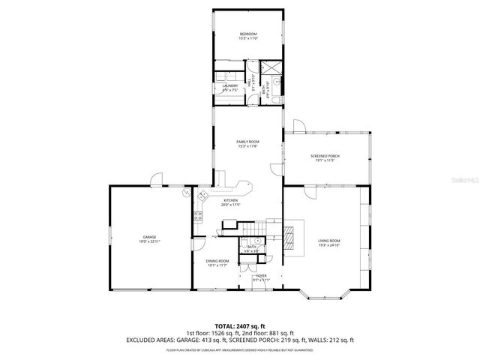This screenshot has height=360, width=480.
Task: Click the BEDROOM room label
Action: point(248,35)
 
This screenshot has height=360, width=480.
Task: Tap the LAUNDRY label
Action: point(230,85)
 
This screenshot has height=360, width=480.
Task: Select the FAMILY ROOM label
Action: point(247,142)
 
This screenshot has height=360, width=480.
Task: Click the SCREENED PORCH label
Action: point(326,156)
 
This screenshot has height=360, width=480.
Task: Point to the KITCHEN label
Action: point(230,200)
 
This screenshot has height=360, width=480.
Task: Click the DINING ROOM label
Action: point(217,260)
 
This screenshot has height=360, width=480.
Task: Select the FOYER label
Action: point(261,276)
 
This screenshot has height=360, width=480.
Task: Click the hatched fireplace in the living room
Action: point(289,236)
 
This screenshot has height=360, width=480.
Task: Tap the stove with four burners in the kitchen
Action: point(199,217)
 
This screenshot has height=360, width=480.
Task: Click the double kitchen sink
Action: point(202,196)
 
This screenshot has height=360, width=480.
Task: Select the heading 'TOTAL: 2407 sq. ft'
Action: point(239,326)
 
